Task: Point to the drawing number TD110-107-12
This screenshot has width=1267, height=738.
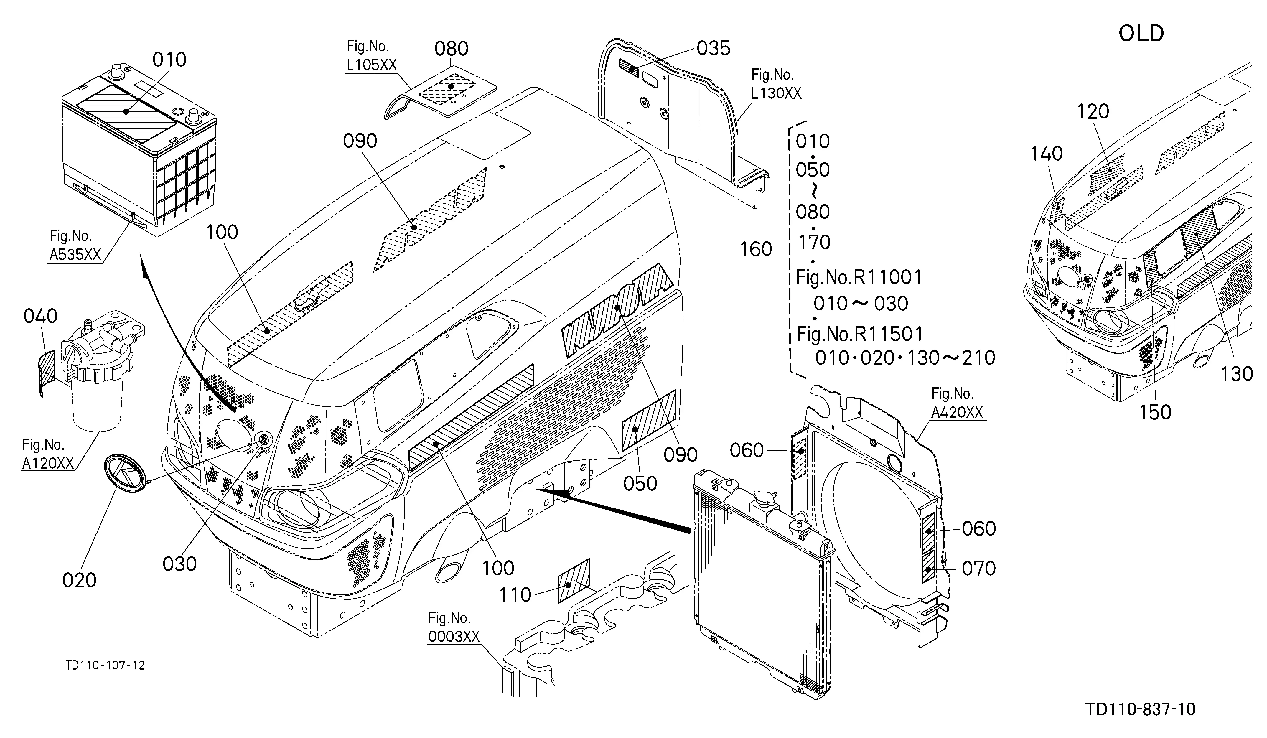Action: point(105,665)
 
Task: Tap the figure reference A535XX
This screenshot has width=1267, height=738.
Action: point(75,255)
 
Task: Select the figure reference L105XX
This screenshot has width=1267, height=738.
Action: point(372,65)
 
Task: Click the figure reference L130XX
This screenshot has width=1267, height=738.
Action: point(776,93)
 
